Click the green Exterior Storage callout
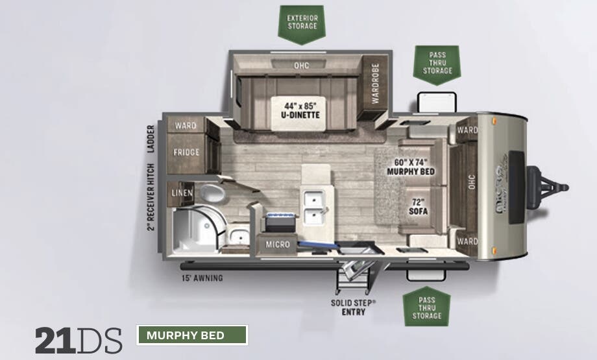pyautogui.click(x=302, y=21)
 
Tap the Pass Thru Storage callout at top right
pyautogui.click(x=437, y=63)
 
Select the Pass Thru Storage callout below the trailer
pyautogui.click(x=426, y=307)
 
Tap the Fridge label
pyautogui.click(x=186, y=152)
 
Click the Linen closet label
pyautogui.click(x=181, y=193)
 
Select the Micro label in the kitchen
pyautogui.click(x=277, y=245)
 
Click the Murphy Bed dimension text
pyautogui.click(x=410, y=167)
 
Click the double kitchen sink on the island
pyautogui.click(x=313, y=206)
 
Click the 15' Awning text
pyautogui.click(x=202, y=278)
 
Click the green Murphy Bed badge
pyautogui.click(x=192, y=335)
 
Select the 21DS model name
pyautogui.click(x=78, y=340)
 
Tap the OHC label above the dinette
pyautogui.click(x=300, y=65)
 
